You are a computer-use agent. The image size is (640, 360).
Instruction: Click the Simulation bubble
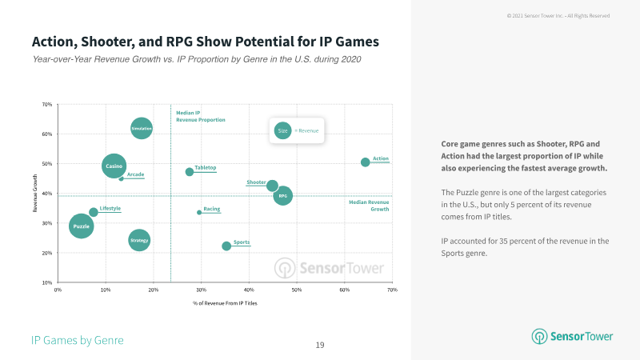[x=142, y=128]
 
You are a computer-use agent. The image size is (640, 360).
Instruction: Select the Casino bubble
[x=114, y=166]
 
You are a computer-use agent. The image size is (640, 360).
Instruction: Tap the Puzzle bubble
[x=81, y=226]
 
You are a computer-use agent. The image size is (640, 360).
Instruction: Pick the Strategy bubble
[x=139, y=240]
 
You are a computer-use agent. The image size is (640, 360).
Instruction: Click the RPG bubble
[x=283, y=195]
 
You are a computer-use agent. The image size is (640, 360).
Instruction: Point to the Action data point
[x=366, y=162]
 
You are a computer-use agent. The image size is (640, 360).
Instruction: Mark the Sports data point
[x=226, y=246]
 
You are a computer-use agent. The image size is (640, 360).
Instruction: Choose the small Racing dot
[x=199, y=212]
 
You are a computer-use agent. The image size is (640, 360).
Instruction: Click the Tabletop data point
[x=190, y=172]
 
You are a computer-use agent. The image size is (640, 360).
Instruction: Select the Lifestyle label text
[x=110, y=208]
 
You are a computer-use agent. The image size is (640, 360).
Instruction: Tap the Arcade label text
[x=135, y=174]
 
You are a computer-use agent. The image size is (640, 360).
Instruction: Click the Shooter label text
[x=256, y=182]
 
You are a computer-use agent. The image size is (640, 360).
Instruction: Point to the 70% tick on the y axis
[x=47, y=104]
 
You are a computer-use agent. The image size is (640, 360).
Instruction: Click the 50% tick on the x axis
[x=296, y=290]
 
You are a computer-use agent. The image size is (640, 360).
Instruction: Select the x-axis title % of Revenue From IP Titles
[x=224, y=303]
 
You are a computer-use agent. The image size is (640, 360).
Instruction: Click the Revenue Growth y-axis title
[x=35, y=194]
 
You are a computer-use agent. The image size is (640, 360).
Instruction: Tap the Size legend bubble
[x=282, y=130]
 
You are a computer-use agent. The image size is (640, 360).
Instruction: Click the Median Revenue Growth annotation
[x=369, y=206]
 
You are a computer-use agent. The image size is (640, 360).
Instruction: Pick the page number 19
[x=319, y=345]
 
